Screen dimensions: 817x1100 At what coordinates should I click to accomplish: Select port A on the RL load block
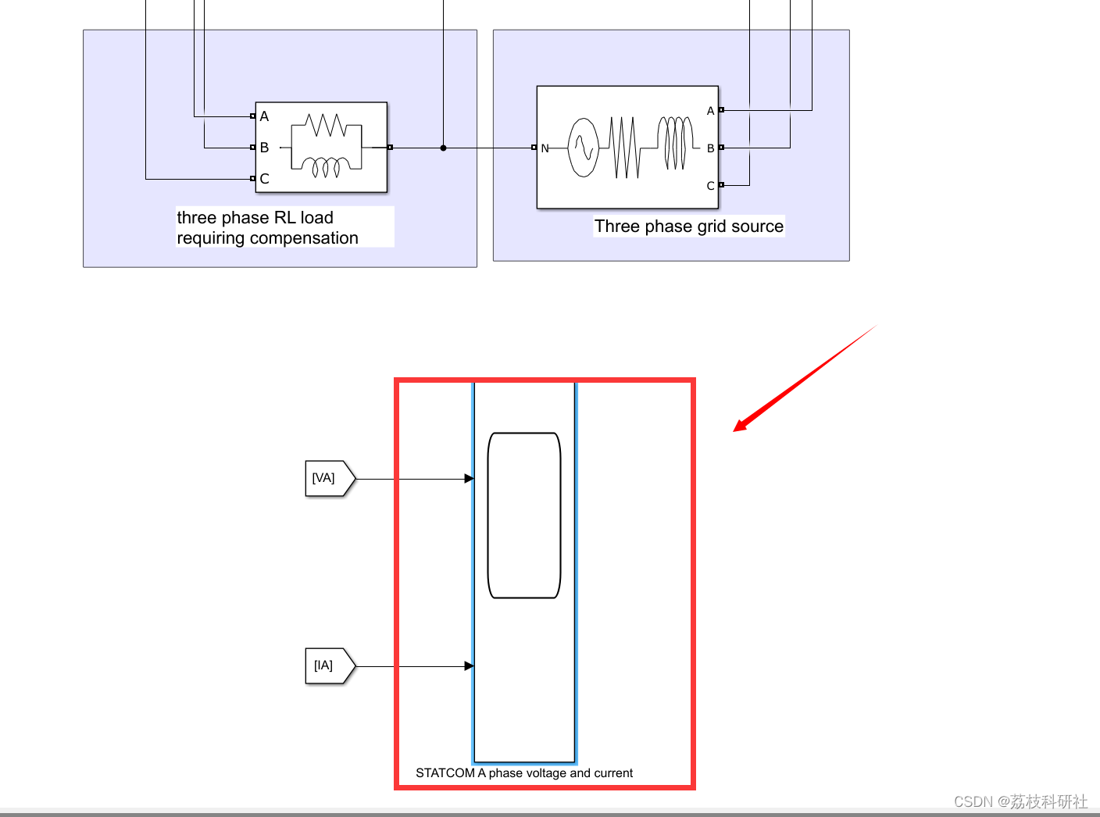click(x=253, y=116)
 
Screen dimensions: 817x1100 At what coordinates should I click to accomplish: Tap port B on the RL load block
click(x=253, y=148)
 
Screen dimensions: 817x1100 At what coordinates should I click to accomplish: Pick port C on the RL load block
click(x=253, y=179)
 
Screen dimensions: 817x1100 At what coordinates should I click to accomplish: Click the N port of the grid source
click(x=534, y=148)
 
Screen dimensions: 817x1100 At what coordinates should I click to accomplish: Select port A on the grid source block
click(x=721, y=110)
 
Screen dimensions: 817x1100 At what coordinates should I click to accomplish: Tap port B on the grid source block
click(x=721, y=148)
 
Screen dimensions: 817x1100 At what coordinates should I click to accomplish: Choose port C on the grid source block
click(x=721, y=185)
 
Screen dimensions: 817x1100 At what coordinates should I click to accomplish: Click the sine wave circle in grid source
click(x=583, y=147)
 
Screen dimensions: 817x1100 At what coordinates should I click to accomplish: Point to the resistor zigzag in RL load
click(x=327, y=125)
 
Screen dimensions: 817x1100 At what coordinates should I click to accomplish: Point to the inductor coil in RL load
click(x=327, y=166)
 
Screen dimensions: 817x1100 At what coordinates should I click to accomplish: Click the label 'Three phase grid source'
click(x=688, y=227)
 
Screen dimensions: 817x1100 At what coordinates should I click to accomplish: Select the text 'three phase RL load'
click(x=255, y=217)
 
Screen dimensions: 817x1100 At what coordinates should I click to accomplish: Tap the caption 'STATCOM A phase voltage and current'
click(x=524, y=773)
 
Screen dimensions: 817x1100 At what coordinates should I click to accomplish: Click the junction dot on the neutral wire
click(x=443, y=148)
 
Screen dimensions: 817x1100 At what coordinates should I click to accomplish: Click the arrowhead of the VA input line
click(x=469, y=479)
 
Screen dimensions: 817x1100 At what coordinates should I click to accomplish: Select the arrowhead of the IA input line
click(x=469, y=666)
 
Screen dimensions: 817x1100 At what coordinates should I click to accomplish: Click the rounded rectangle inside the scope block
click(x=524, y=516)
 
